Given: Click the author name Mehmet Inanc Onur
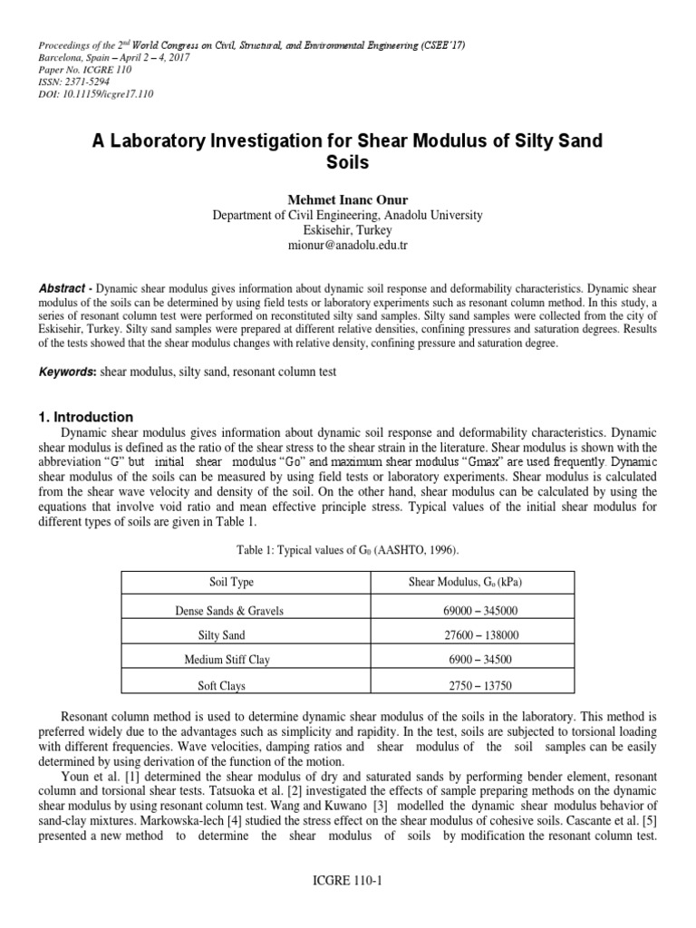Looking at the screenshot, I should (347, 199).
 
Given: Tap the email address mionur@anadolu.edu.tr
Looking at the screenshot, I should (347, 246).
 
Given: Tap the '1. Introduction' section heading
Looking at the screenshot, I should (86, 417).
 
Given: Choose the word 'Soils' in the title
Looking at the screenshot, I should (347, 164).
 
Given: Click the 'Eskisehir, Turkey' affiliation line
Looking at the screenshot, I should (347, 230).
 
